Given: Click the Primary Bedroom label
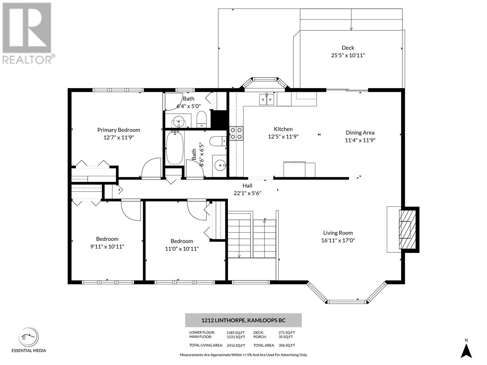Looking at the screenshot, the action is point(118,130).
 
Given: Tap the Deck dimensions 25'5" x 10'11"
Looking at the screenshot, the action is point(348,55).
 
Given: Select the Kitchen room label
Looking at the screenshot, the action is point(283,129).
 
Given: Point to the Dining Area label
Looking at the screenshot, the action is point(360,133).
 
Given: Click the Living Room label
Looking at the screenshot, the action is point(338,233).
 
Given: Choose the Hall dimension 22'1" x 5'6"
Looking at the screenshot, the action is point(247,193).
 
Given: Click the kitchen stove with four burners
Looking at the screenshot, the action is point(236,134).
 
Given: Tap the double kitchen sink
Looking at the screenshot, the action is point(266,99).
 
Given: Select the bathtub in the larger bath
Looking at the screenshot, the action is point(175,148).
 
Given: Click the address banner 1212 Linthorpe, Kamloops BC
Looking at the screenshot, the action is point(243,320).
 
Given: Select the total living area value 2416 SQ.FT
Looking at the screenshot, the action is point(236,345).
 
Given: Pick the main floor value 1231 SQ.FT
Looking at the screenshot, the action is point(236,337).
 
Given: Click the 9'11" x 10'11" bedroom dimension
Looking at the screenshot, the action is point(107,246).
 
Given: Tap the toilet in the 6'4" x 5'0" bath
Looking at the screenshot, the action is point(201,120).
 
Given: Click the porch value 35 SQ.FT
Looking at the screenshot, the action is point(286,337).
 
